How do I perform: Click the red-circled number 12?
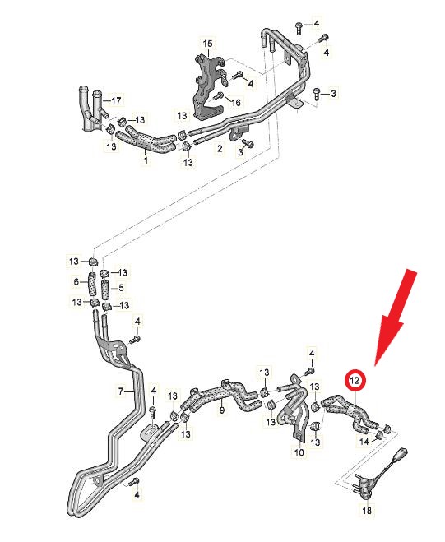(x=355, y=380)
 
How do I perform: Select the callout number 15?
(x=207, y=44)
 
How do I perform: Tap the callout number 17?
(x=116, y=100)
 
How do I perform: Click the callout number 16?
(x=235, y=102)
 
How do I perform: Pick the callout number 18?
(x=367, y=510)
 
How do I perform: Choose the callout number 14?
(x=364, y=442)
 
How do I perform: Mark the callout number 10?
(x=299, y=452)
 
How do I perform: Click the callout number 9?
(x=222, y=410)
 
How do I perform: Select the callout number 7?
(x=121, y=391)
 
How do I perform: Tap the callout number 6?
(x=76, y=282)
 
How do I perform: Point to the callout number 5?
(x=121, y=288)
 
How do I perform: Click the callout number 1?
(x=146, y=160)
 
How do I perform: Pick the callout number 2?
(x=220, y=149)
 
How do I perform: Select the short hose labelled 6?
(x=92, y=284)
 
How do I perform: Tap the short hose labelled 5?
(x=106, y=290)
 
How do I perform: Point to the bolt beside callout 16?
(x=220, y=96)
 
